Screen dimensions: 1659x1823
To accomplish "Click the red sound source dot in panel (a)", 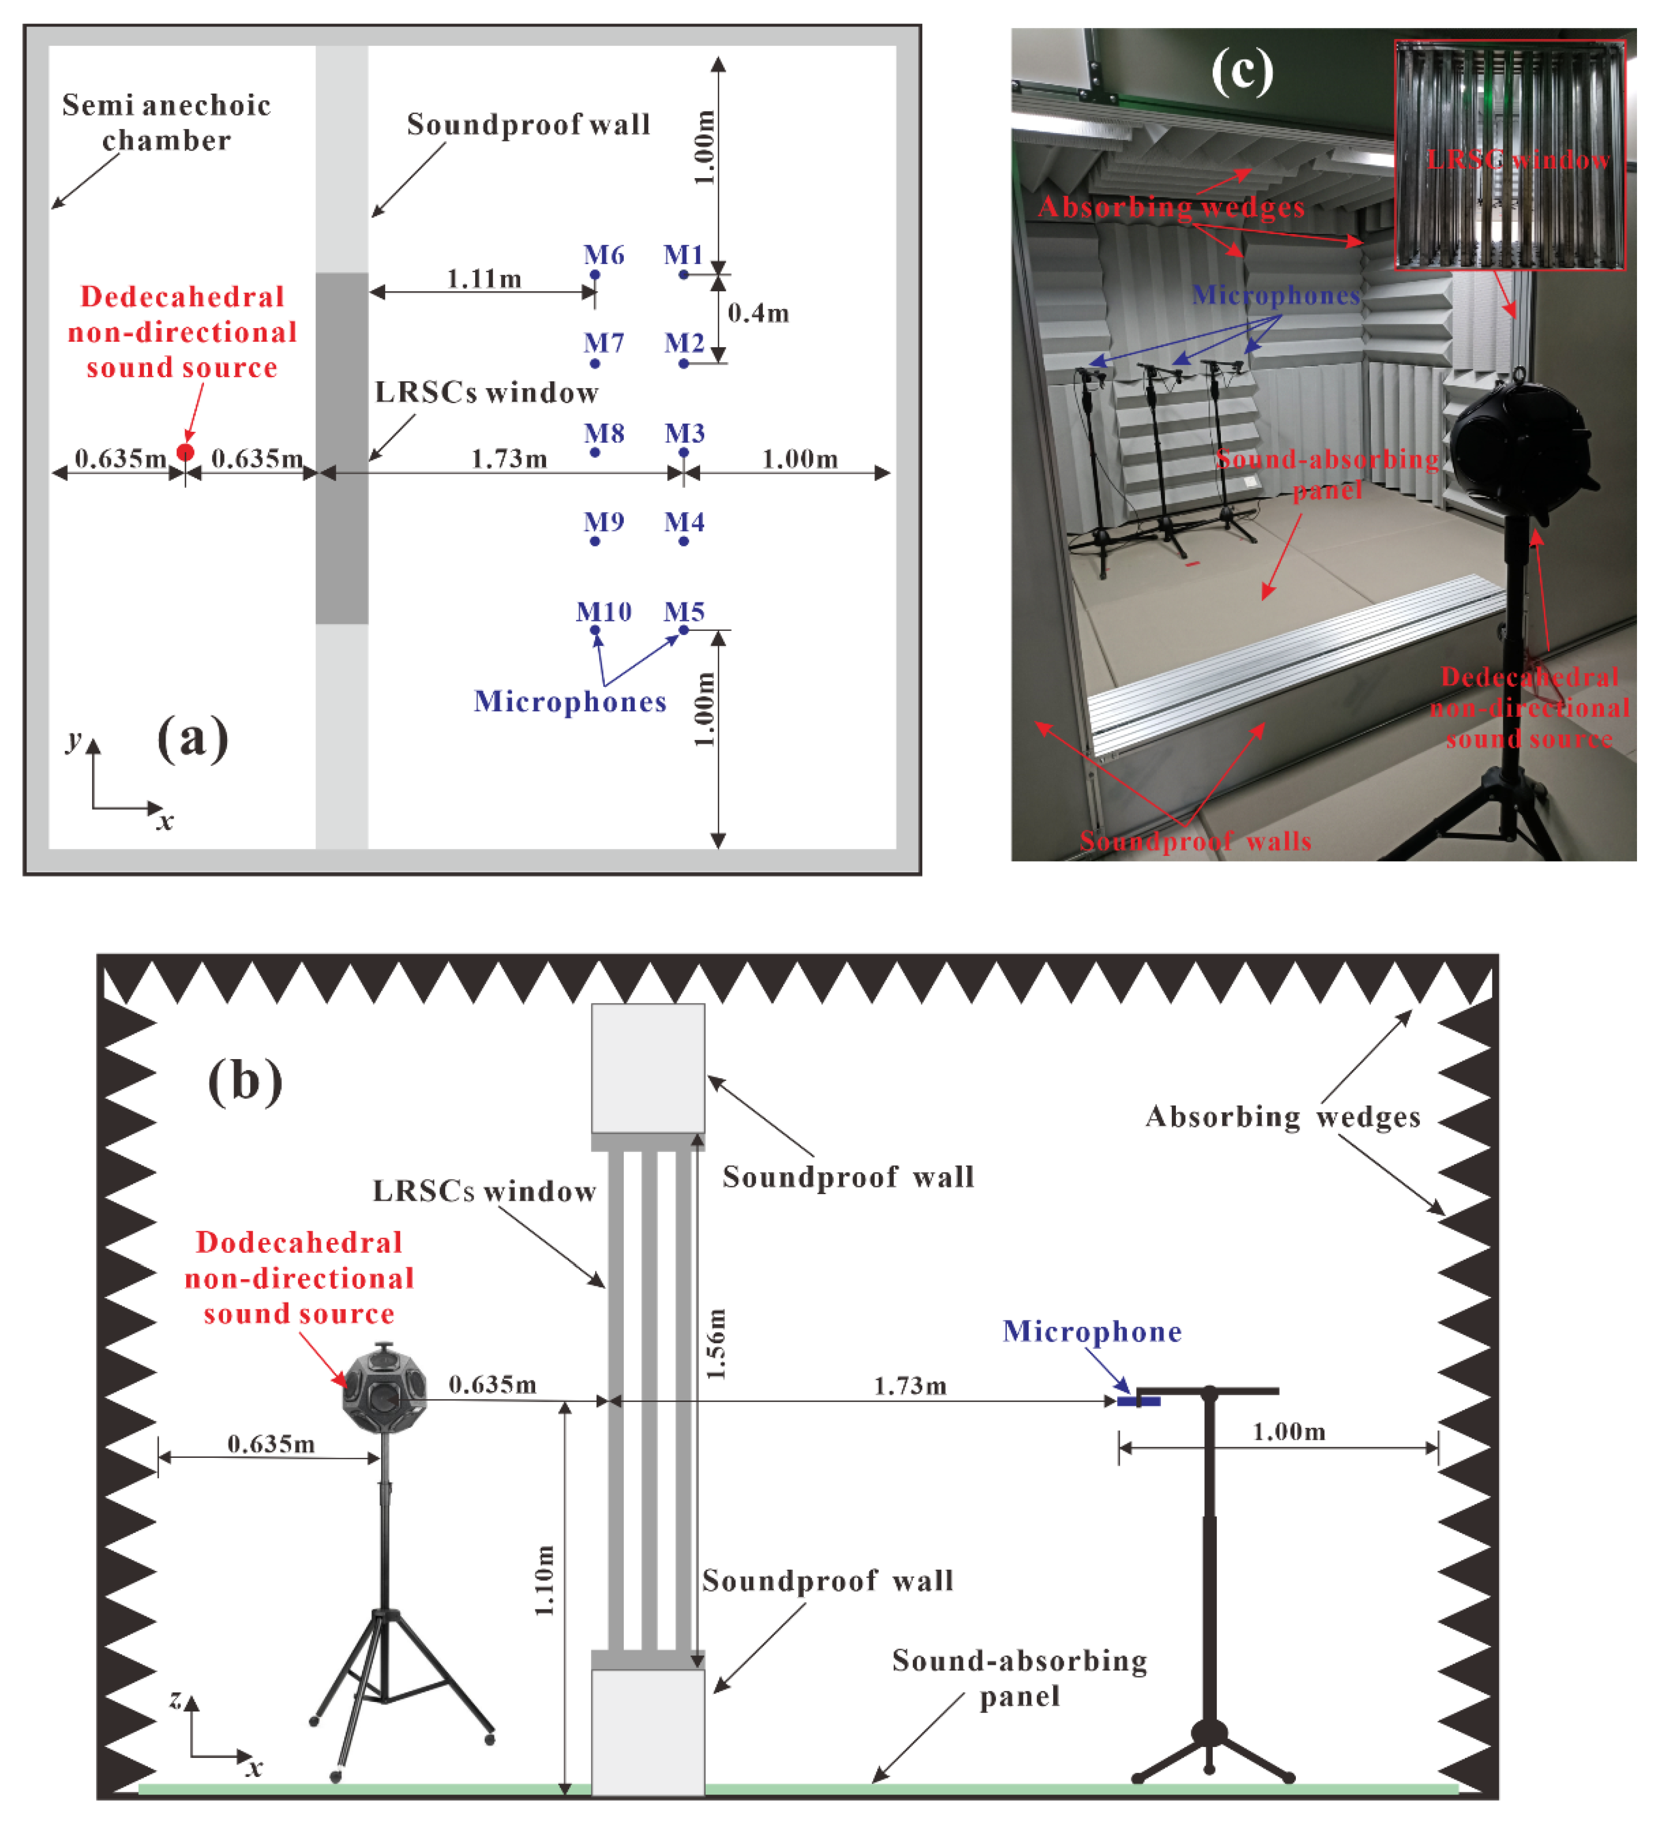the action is click(186, 452).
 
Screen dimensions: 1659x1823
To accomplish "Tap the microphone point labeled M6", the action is click(595, 275).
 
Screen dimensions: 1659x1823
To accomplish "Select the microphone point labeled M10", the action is click(595, 630).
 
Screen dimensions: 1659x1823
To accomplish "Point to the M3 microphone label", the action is click(684, 433).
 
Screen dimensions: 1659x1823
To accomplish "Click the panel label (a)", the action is click(193, 738).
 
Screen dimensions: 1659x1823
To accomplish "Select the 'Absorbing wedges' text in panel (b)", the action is click(1283, 1117).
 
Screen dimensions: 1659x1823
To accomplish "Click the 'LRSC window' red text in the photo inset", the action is click(1518, 160).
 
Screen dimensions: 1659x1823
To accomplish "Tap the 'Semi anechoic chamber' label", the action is click(167, 122).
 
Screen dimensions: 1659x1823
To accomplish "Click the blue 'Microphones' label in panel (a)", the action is click(571, 702).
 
